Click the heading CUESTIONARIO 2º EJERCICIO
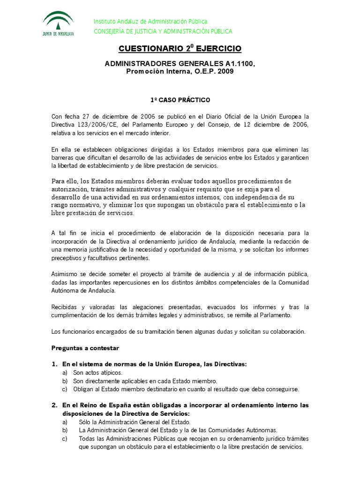(x=180, y=48)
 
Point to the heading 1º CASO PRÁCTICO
(x=180, y=100)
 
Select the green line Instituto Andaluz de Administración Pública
(x=150, y=22)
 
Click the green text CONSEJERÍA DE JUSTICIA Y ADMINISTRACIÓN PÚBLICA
(x=163, y=31)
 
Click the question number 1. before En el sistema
(x=54, y=364)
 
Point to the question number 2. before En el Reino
(x=54, y=405)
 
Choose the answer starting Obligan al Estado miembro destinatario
(x=186, y=389)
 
